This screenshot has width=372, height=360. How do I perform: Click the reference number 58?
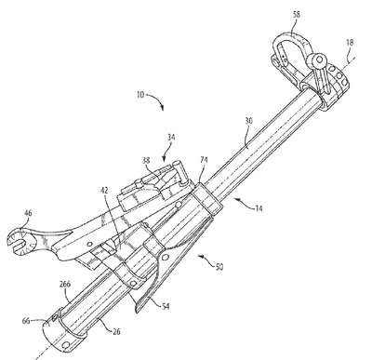coord(296,14)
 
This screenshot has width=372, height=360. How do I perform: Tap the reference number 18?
coord(350,43)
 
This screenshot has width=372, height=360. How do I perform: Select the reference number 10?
coord(140,94)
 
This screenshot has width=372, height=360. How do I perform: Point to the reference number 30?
coord(249,121)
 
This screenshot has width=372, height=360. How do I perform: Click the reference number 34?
coord(171,137)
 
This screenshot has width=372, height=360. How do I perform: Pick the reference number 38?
coord(146,160)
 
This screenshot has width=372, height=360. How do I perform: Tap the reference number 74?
coord(204,160)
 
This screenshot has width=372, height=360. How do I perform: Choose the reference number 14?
coord(259,208)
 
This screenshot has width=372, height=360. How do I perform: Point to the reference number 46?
coord(28,213)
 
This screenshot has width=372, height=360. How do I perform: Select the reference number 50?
coord(219,266)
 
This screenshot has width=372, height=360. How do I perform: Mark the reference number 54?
coord(166,307)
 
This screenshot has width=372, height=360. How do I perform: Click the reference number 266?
coord(64,284)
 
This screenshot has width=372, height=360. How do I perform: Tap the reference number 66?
coord(26,321)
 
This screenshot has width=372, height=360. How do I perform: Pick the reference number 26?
coord(116,331)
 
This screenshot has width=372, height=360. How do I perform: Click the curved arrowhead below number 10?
coord(162,107)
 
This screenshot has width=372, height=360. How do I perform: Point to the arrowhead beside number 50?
coord(201,256)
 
